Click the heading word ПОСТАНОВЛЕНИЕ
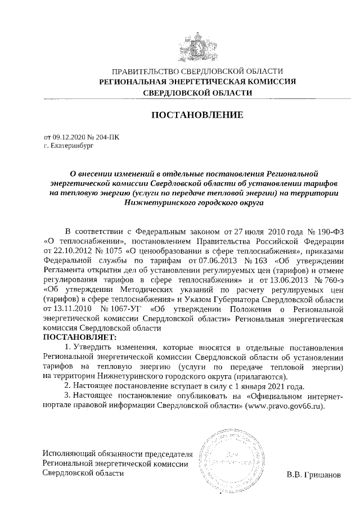pos(197,115)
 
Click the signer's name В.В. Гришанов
pos(313,475)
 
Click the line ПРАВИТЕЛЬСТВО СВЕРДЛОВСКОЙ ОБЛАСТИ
pos(197,71)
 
